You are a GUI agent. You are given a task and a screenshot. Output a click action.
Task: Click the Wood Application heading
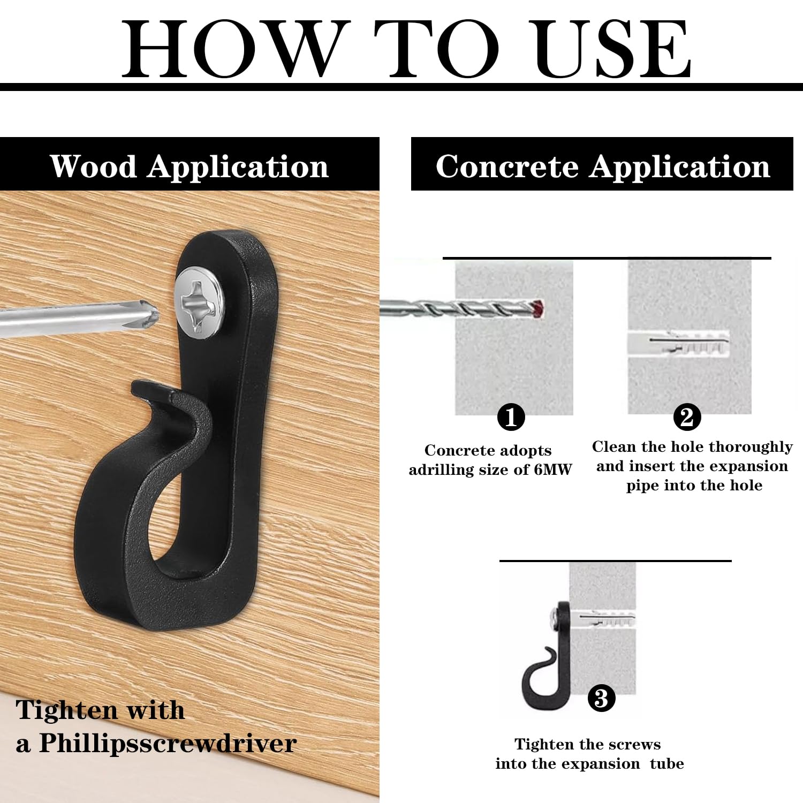(x=189, y=167)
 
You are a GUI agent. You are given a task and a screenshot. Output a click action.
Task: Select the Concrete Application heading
(x=603, y=167)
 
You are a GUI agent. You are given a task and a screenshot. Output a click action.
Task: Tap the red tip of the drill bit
(x=537, y=308)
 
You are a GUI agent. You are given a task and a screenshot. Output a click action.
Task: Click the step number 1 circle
(x=511, y=417)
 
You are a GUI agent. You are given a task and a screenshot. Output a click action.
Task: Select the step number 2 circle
(x=687, y=417)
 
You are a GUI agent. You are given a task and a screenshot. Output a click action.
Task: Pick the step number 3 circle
(x=601, y=698)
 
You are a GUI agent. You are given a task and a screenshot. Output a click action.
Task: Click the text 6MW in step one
(x=553, y=469)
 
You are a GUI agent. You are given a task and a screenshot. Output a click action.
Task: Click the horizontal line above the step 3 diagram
(x=615, y=560)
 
